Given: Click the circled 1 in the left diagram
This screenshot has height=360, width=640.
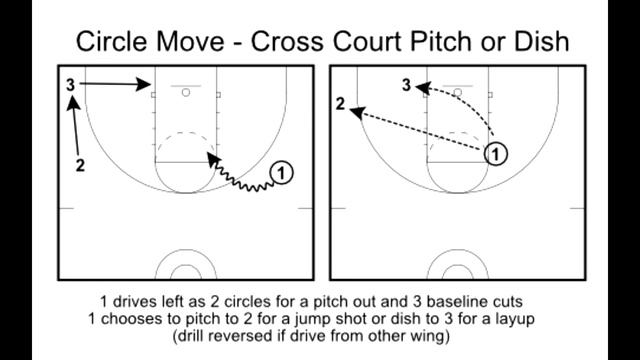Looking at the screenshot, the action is click(283, 172).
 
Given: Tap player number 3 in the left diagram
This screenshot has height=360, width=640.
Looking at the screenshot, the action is click(71, 85).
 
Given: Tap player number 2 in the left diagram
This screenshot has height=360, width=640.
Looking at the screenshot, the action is click(80, 163).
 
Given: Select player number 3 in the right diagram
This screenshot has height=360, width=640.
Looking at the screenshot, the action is click(407, 86).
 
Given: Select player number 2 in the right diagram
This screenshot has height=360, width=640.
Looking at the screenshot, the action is click(341, 105).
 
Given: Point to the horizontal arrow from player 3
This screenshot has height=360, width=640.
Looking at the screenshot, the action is click(114, 86).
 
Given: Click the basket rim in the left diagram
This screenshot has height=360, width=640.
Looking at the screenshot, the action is click(187, 92).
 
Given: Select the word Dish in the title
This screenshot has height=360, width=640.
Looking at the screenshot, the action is click(537, 42).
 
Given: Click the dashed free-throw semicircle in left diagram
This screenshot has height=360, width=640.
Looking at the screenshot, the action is click(181, 137).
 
